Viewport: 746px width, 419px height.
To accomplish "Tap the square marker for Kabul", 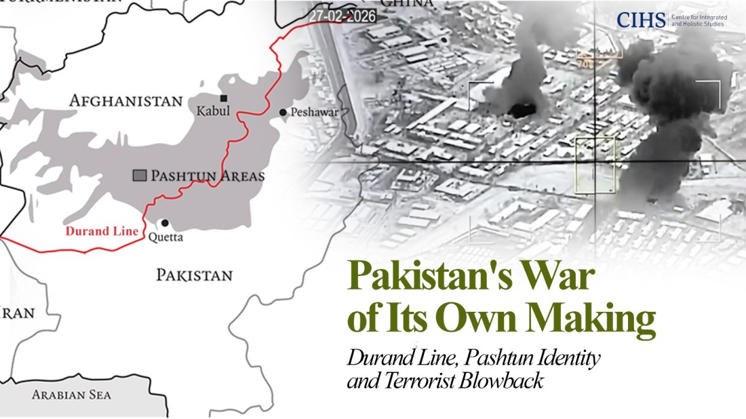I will click(x=224, y=98).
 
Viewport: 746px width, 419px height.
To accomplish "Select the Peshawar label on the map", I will click(x=314, y=113).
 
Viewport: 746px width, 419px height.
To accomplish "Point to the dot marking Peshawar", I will click(x=283, y=112).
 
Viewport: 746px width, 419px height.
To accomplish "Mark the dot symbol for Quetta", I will click(x=164, y=222).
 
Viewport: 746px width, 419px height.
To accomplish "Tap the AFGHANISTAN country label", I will click(x=126, y=101).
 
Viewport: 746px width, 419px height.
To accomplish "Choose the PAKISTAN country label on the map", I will click(x=194, y=275).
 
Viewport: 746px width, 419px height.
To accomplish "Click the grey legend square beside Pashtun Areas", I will click(x=139, y=176).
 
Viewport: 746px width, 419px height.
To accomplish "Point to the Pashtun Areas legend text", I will click(x=208, y=176).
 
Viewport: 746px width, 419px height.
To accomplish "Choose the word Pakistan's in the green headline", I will click(x=431, y=278).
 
